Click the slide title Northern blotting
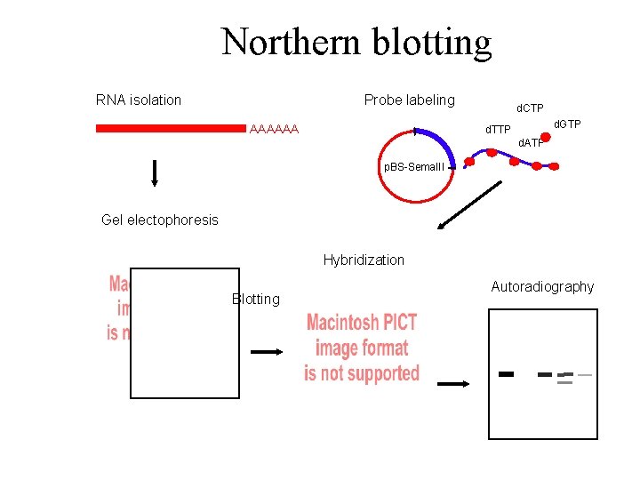click(356, 42)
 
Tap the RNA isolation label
click(138, 100)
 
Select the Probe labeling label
click(409, 100)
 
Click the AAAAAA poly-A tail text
click(275, 130)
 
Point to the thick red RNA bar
click(169, 129)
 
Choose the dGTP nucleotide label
click(567, 124)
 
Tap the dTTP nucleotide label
click(498, 130)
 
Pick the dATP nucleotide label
click(532, 143)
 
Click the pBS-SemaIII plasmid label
click(414, 166)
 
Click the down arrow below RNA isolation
click(155, 173)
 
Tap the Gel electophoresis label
click(160, 220)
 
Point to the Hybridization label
click(364, 260)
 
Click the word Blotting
click(255, 299)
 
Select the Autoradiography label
click(542, 286)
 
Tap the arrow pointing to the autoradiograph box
click(453, 383)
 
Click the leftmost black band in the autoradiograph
click(507, 373)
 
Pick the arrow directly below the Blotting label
click(267, 352)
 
